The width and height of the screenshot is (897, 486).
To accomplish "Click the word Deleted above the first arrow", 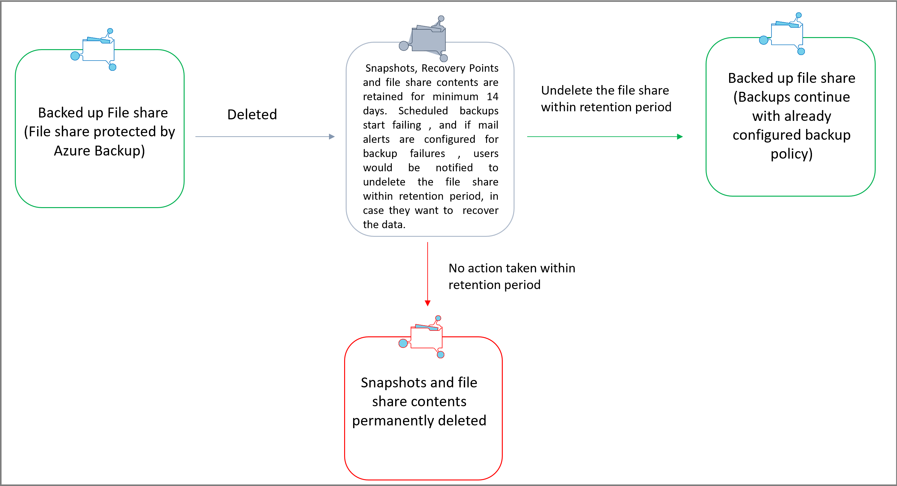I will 252,114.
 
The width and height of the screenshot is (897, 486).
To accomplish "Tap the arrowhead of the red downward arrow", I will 428,303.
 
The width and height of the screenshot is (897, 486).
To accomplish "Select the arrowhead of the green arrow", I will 680,136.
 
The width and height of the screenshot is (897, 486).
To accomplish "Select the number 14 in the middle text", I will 492,96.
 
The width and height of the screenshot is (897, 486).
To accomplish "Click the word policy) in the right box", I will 791,154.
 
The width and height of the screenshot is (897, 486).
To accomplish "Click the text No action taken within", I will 511,268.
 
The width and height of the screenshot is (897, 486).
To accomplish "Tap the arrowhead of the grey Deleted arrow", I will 331,136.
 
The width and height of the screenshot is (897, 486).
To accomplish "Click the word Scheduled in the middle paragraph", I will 423,111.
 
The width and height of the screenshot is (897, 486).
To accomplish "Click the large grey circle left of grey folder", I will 404,46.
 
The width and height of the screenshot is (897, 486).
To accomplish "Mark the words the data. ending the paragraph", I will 384,224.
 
